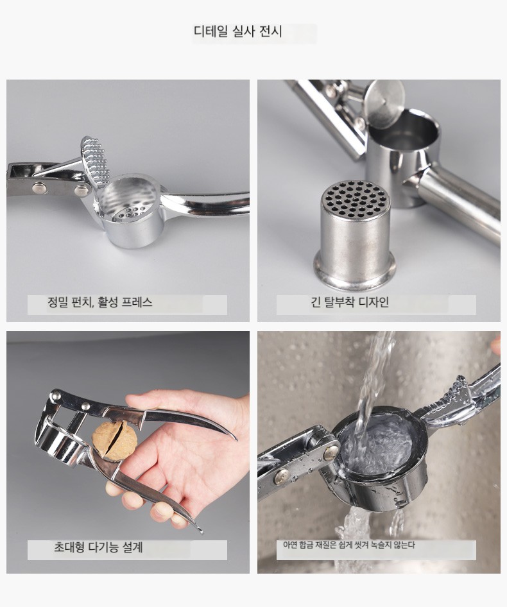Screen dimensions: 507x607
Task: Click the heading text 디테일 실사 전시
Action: point(237,31)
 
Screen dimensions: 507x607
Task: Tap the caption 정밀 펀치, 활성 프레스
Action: point(100,302)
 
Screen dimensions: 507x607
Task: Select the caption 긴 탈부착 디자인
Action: point(350,302)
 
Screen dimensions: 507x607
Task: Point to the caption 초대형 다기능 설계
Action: point(98,547)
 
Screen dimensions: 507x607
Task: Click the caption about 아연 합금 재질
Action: point(348,545)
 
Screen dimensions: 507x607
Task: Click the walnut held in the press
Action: point(115,441)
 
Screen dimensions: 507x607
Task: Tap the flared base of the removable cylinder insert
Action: point(355,272)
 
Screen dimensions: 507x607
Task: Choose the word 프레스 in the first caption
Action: point(137,302)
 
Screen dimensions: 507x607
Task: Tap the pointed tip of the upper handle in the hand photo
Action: point(236,440)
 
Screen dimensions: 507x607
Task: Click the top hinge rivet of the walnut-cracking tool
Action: point(55,395)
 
